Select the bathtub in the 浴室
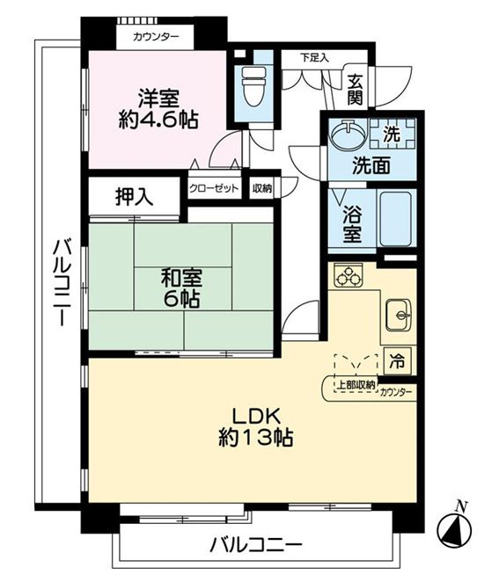pos(396,219)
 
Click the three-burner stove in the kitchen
pos(349,275)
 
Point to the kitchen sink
pos(399,315)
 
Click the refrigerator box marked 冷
pos(397,361)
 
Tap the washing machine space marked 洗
pos(393,134)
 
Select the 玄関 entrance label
pos(355,90)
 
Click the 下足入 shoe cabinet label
pos(314,58)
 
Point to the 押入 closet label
pos(134,196)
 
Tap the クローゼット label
pos(214,188)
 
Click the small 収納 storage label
pos(262,188)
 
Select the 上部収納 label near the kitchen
pos(356,385)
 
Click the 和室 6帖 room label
pos(181,288)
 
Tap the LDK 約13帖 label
pos(256,427)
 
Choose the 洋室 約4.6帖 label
pos(158,109)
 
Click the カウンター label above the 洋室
pos(156,37)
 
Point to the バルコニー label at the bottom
pos(255,545)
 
